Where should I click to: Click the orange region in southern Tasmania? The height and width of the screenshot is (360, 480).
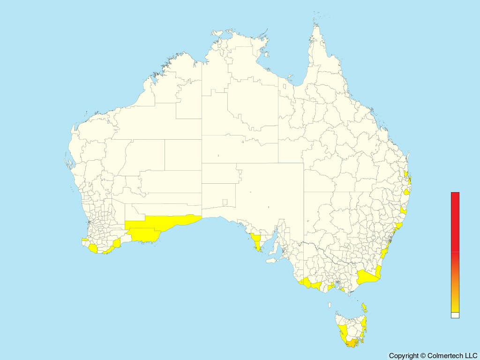[351, 344]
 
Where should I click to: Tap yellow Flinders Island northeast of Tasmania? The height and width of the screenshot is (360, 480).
[364, 308]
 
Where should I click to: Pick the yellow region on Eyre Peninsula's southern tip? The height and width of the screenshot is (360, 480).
[256, 242]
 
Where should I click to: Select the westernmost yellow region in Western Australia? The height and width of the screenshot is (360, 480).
[84, 240]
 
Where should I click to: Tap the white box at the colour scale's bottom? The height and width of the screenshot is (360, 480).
[455, 315]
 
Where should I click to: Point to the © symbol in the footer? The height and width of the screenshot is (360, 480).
[423, 356]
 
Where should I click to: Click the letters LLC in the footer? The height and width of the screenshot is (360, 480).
[471, 356]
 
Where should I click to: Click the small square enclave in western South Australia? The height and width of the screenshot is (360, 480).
[225, 202]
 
